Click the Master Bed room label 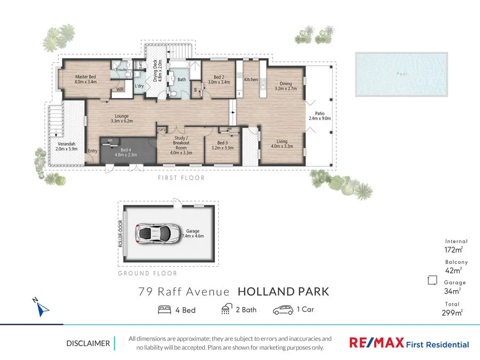(86, 77)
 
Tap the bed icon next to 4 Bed (165, 310)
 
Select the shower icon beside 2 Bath (227, 310)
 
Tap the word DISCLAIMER (88, 343)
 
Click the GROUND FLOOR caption (147, 273)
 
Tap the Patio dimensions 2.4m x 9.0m (320, 119)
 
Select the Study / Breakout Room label (181, 145)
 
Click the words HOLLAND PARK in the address (283, 292)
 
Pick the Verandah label (67, 146)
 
